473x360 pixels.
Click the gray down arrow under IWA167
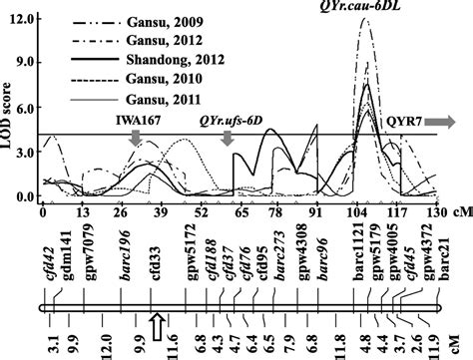tap(136, 143)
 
